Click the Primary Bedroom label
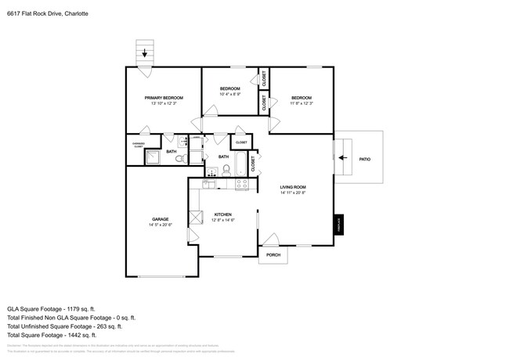pos(164,98)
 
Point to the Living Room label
pos(293,187)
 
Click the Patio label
pos(364,159)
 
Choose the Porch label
pos(273,255)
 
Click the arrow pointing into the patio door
pos(343,157)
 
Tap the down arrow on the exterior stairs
pos(144,54)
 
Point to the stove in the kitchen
pos(242,185)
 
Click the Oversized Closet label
pos(138,145)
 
